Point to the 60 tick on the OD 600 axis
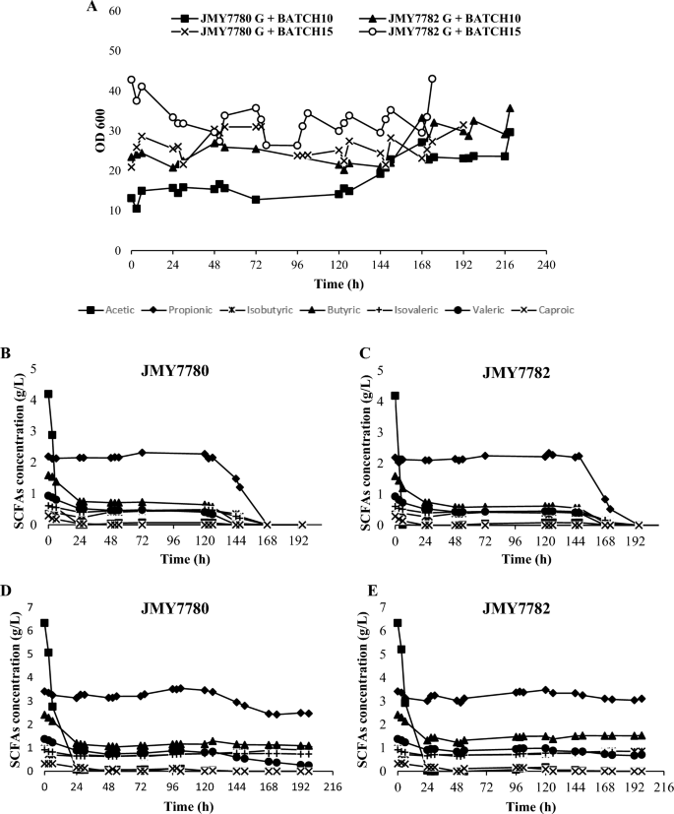tap(116, 11)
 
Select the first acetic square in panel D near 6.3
tap(44, 623)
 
